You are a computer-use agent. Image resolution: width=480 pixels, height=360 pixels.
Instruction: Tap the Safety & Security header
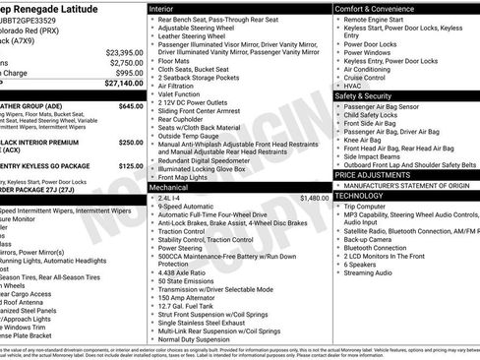(x=369, y=96)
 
